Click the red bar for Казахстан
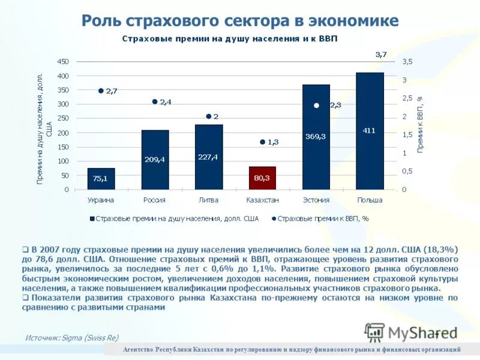(x=262, y=178)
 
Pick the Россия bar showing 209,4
(x=155, y=160)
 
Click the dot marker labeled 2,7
(x=101, y=91)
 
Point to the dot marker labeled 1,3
(x=262, y=142)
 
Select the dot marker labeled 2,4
(x=155, y=102)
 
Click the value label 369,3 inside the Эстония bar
(x=316, y=136)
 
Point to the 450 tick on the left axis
(x=62, y=62)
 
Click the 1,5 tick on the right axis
(x=407, y=135)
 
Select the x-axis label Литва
(x=208, y=200)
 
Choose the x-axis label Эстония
(x=316, y=200)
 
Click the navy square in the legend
(x=92, y=219)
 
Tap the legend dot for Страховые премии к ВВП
(x=273, y=219)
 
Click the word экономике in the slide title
(x=353, y=21)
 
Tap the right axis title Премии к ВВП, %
(x=421, y=124)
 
